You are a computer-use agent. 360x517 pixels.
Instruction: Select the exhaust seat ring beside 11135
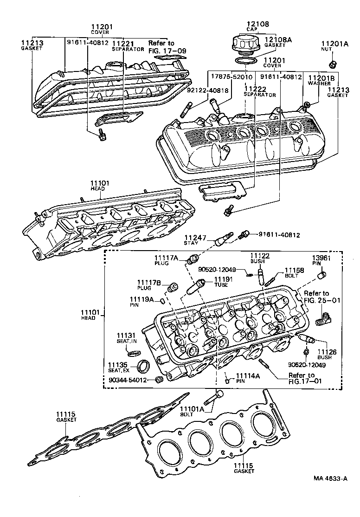click(144, 367)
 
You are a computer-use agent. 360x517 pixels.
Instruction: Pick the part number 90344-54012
click(128, 380)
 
